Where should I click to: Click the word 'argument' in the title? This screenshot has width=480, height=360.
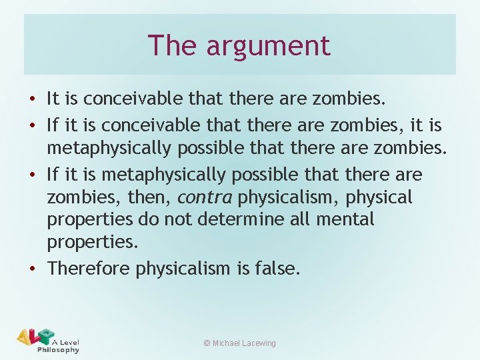268,46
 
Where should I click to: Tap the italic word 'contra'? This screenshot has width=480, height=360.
205,197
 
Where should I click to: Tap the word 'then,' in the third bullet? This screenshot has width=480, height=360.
152,197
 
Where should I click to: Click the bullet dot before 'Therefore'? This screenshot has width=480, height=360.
33,269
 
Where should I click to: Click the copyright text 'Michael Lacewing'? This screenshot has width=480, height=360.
244,343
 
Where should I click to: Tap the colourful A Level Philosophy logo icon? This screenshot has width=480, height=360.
35,337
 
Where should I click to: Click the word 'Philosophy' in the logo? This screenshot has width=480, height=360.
58,349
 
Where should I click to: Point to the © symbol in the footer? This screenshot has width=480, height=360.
207,343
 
